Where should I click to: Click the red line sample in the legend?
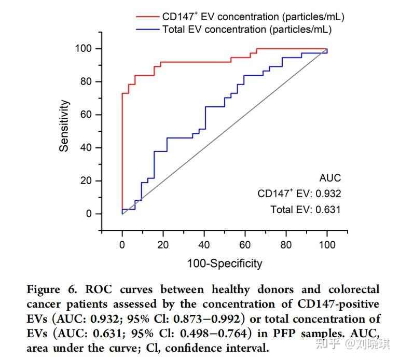point(148,17)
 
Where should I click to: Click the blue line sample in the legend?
point(148,30)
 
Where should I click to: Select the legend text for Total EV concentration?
point(246,30)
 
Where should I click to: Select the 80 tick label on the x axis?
point(286,245)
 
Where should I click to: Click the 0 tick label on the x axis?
point(122,245)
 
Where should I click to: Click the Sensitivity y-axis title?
point(64,126)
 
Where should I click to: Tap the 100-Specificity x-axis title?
point(225,264)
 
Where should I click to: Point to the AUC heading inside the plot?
point(330,178)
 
